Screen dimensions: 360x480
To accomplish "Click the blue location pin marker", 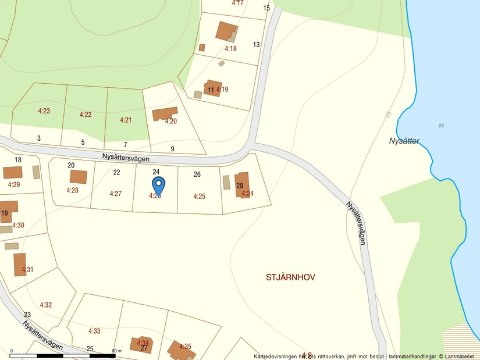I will coord(158,185).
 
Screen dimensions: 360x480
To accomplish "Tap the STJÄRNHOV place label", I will coord(290,277).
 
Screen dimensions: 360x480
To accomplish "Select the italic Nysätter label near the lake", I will coord(404,141).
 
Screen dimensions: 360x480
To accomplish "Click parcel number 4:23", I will coord(44,111).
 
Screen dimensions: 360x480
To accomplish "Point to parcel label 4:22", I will coord(86,115).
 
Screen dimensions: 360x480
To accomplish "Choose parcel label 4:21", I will coord(126,120).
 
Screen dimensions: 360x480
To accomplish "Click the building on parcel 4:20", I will coord(165,113).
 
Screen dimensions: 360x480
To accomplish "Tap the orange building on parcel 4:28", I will coord(79,177).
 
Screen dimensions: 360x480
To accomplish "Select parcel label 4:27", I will coord(115,194).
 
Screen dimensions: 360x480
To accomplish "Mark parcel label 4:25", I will coord(199,197).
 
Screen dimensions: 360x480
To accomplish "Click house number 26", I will coord(197,174).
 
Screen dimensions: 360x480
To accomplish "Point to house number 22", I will coord(116,172).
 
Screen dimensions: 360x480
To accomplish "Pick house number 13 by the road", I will coord(256,45).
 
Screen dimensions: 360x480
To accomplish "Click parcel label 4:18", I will coord(230,49).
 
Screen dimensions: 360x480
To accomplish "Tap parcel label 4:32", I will coord(46,305).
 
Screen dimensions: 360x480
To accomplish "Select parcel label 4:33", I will coord(94,331).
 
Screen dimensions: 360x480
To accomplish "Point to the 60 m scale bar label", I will coord(117,351).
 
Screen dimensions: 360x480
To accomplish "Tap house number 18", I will coord(18,160).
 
